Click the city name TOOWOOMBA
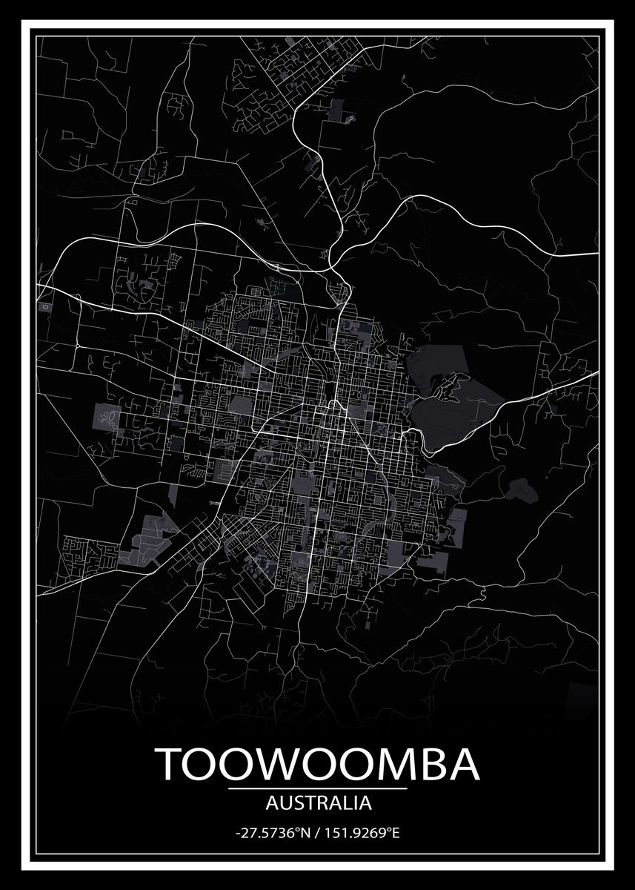(318, 764)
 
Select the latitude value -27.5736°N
(271, 834)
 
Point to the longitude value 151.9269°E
(362, 834)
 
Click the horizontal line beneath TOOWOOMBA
(318, 788)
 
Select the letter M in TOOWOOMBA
(397, 764)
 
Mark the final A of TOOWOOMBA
(465, 764)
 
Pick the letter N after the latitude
(304, 834)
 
